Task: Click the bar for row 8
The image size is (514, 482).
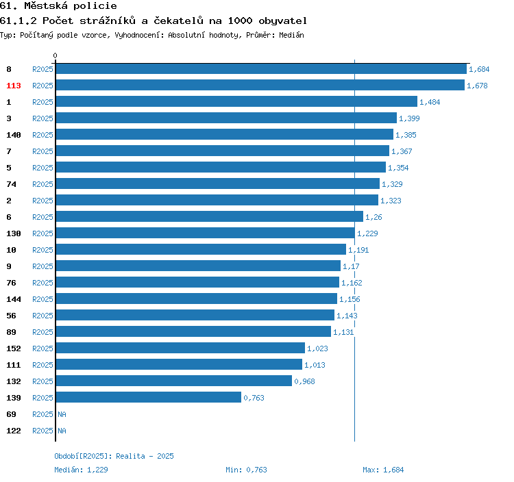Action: (x=261, y=68)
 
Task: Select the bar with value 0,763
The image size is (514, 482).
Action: (x=149, y=397)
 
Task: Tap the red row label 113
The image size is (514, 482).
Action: (x=14, y=86)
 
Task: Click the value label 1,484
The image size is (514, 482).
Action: (x=430, y=102)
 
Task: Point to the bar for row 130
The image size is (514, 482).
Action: (x=205, y=233)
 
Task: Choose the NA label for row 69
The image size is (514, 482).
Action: (x=62, y=414)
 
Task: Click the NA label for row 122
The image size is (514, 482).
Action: (x=62, y=431)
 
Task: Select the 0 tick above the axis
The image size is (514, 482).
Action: (x=55, y=55)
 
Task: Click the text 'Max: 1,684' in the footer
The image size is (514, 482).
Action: (x=383, y=470)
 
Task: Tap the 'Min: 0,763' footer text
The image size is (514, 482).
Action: (x=246, y=470)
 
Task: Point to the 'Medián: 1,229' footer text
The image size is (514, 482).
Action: (x=81, y=470)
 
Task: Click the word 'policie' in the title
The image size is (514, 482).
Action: (x=95, y=6)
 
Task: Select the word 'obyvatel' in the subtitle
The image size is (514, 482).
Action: (x=282, y=21)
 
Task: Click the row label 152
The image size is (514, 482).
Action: (x=14, y=348)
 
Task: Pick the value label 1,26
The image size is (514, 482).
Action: (x=374, y=217)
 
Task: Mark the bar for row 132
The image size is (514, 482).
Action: (x=174, y=381)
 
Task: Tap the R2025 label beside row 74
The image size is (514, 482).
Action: (x=42, y=184)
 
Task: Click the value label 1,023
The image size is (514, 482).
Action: (x=317, y=348)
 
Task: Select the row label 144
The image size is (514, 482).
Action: (x=14, y=299)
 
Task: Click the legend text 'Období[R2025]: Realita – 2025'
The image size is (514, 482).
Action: (x=114, y=456)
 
